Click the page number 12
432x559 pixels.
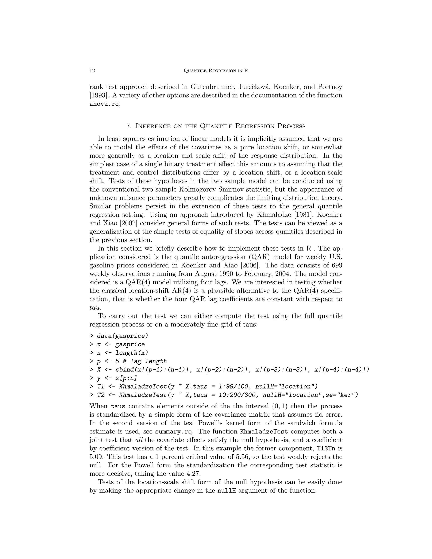point(92,71)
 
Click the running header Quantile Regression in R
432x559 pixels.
point(216,71)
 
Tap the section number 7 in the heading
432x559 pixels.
point(129,126)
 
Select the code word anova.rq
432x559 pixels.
point(104,104)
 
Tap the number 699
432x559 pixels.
point(336,265)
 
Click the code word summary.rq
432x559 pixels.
point(174,432)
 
